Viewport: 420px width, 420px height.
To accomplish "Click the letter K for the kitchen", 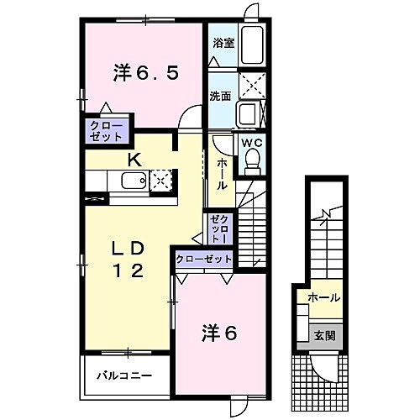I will (x=134, y=160).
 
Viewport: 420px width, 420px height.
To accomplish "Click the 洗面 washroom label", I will (x=221, y=96).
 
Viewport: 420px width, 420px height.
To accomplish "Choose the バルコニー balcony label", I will (x=123, y=375).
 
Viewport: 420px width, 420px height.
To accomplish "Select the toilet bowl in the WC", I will (x=251, y=165).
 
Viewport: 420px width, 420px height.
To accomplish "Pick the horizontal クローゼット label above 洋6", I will (x=203, y=259).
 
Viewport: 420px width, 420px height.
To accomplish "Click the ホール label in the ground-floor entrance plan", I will (x=324, y=297).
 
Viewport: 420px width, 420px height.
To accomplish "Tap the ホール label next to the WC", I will (x=221, y=172).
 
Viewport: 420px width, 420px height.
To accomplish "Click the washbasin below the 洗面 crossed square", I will (x=249, y=113).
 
